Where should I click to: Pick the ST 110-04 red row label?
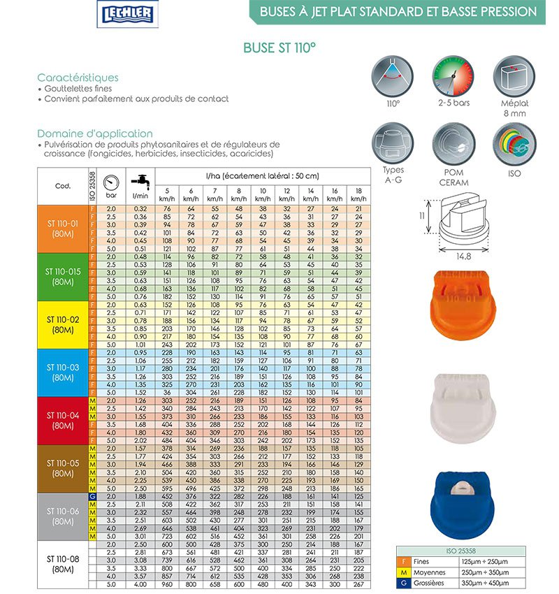pyautogui.click(x=63, y=419)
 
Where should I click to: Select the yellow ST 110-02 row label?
pyautogui.click(x=63, y=324)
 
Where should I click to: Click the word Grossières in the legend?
pyautogui.click(x=431, y=582)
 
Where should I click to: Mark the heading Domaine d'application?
pyautogui.click(x=95, y=133)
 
